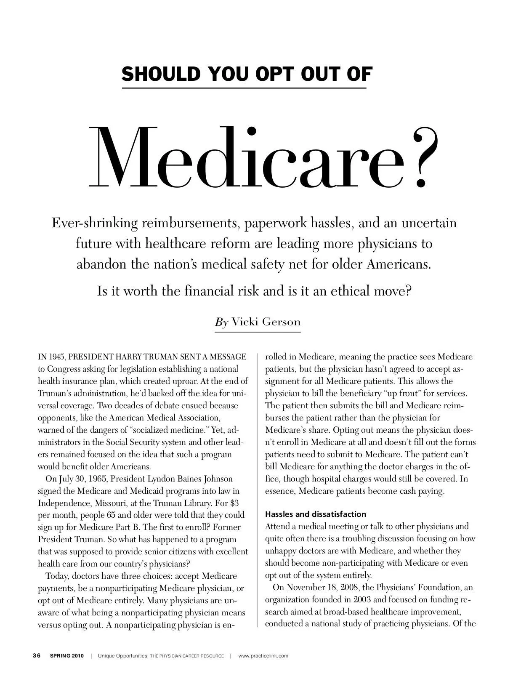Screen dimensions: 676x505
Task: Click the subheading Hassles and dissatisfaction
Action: pyautogui.click(x=316, y=514)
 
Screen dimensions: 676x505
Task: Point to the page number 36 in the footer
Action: pyautogui.click(x=37, y=656)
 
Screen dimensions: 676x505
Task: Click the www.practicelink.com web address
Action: pyautogui.click(x=263, y=656)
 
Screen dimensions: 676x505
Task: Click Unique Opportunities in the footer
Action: pyautogui.click(x=122, y=656)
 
